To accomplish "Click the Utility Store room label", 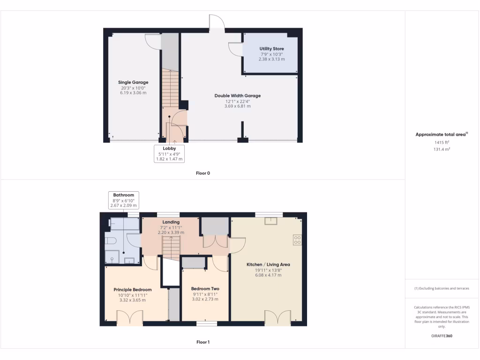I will pyautogui.click(x=271, y=49).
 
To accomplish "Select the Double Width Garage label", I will pyautogui.click(x=238, y=96).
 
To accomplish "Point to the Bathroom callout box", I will pyautogui.click(x=124, y=200).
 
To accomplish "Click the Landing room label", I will pyautogui.click(x=171, y=222).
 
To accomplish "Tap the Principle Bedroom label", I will pyautogui.click(x=133, y=290).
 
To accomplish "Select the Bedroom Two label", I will pyautogui.click(x=205, y=289).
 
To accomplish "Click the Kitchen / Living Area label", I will pyautogui.click(x=268, y=264).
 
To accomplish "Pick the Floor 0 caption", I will pyautogui.click(x=203, y=173).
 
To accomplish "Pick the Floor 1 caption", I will pyautogui.click(x=203, y=342).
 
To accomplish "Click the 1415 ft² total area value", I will pyautogui.click(x=442, y=142).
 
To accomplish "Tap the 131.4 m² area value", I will pyautogui.click(x=442, y=149).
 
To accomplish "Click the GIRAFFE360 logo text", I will pyautogui.click(x=442, y=336).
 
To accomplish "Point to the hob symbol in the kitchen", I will pyautogui.click(x=297, y=240).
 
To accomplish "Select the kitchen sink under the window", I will pyautogui.click(x=270, y=221).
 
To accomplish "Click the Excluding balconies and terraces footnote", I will pyautogui.click(x=442, y=288).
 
